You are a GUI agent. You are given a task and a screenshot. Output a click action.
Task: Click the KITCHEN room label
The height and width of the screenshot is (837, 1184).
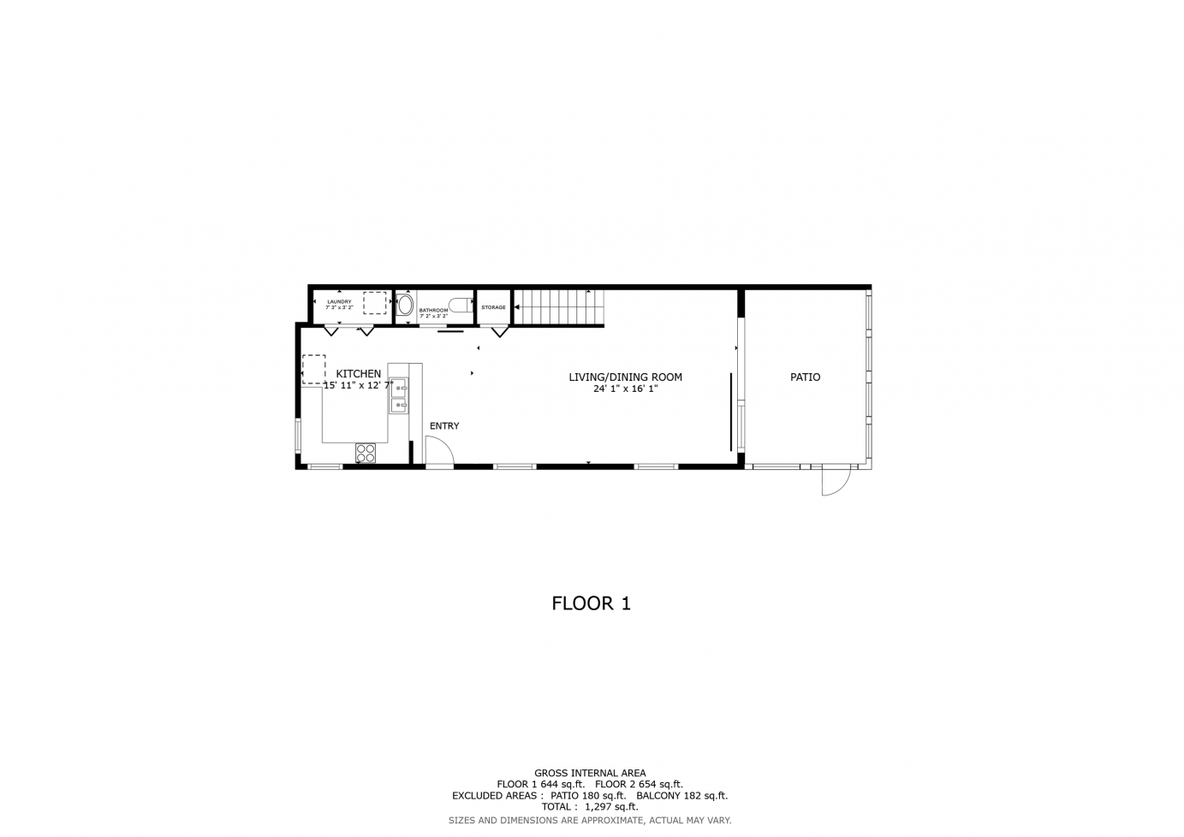coord(358,374)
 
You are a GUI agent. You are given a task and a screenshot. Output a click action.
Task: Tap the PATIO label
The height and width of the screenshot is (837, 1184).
coord(805,377)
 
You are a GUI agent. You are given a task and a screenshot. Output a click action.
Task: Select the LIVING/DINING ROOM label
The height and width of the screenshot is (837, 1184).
coord(625,377)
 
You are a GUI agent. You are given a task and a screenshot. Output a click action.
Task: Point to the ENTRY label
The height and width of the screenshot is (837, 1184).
coord(444,426)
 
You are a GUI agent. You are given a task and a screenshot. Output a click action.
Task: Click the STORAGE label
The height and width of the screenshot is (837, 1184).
coord(493,307)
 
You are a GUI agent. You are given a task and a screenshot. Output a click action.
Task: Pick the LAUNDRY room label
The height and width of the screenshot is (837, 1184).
coord(339,301)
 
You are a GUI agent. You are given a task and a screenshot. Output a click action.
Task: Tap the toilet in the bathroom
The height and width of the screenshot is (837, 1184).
coord(460,304)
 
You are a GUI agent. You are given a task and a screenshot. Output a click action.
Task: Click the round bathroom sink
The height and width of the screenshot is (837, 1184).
coord(406,305)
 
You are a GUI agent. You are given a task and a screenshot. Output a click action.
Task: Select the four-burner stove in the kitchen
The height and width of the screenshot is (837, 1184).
coord(366,453)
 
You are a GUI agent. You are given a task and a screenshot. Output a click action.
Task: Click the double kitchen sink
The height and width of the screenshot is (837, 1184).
coord(399,396)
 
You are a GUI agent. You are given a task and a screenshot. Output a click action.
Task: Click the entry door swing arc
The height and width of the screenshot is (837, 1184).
coord(439,452)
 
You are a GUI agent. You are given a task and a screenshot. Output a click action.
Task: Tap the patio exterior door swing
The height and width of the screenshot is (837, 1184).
coord(834,482)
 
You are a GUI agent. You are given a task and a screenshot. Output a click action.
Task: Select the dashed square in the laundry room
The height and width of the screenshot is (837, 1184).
coord(375,303)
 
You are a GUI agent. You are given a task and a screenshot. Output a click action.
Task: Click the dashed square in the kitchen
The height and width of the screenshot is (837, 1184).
coord(314,369)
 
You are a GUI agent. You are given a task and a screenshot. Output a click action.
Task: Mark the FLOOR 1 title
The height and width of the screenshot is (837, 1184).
coord(591,603)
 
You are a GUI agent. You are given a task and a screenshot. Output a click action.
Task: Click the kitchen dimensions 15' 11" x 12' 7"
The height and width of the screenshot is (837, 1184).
coord(358,386)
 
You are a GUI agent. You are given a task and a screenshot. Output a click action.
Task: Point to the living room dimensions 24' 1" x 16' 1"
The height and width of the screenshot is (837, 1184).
coord(625,389)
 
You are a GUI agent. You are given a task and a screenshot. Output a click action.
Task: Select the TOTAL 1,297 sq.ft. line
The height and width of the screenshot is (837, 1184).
coord(590,806)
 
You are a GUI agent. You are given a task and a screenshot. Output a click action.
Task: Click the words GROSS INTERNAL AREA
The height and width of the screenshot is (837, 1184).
coord(590,773)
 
